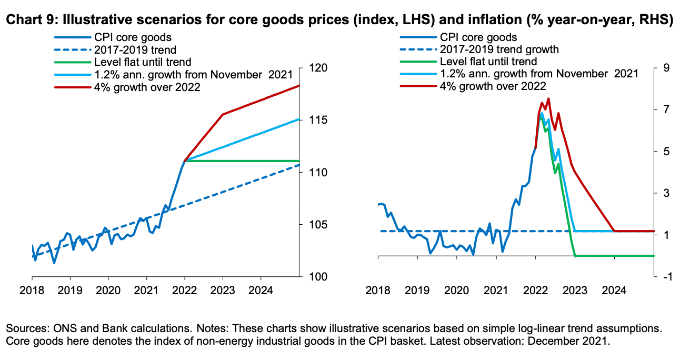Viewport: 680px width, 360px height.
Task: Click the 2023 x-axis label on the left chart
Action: [223, 290]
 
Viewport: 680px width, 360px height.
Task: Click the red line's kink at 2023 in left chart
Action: [223, 114]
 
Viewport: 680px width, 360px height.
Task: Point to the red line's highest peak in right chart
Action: [548, 98]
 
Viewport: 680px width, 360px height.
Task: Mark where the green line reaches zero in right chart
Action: [575, 256]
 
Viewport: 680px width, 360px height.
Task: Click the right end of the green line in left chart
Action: [299, 161]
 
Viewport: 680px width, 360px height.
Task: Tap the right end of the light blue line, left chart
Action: [299, 119]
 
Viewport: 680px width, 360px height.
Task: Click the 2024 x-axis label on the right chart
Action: [614, 290]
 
